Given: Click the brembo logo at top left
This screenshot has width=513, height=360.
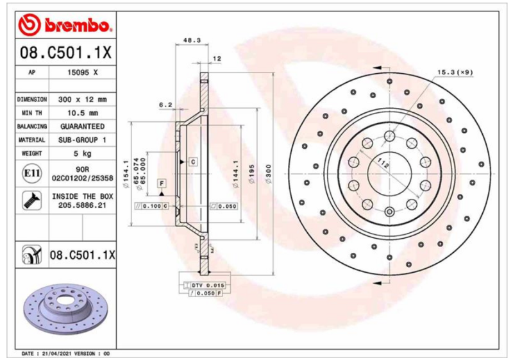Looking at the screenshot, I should click(65, 25).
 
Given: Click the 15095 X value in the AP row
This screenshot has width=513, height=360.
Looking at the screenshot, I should click(83, 73).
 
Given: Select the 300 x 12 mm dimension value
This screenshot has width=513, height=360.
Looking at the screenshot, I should click(83, 99).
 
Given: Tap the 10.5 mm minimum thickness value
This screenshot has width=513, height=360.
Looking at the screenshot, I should click(83, 113).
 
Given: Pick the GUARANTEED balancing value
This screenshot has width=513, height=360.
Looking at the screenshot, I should click(83, 126).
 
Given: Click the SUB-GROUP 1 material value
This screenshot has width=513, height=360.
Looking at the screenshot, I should click(83, 140).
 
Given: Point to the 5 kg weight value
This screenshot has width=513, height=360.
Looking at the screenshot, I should click(83, 153).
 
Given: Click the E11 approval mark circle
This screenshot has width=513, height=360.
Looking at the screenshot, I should click(31, 173).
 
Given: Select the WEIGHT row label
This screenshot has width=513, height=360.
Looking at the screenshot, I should click(31, 153).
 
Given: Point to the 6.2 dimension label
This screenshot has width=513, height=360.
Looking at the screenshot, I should click(165, 105).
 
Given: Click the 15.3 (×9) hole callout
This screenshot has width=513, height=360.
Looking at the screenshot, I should click(455, 72).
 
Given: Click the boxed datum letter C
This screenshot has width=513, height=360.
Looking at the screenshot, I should click(192, 161).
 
